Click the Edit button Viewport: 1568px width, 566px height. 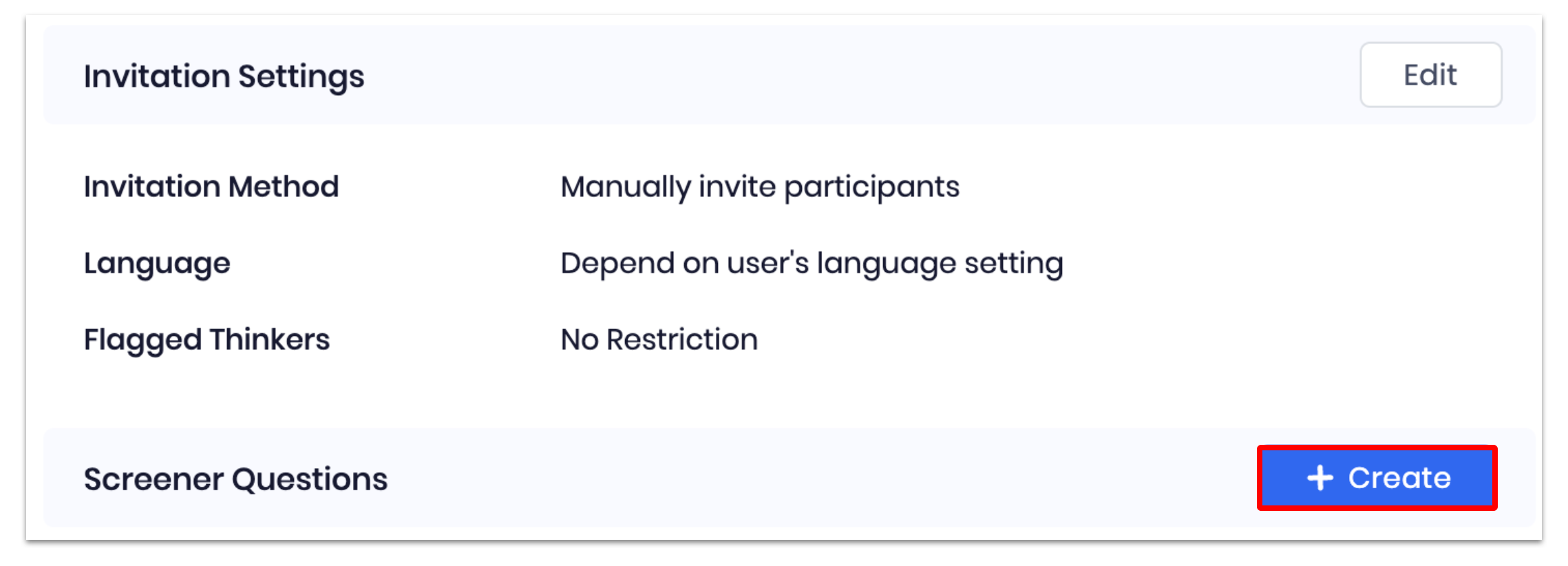coord(1430,74)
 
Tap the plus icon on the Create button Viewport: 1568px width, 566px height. coord(1320,478)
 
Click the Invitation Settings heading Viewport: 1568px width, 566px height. coord(224,76)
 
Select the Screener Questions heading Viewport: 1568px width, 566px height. coord(235,479)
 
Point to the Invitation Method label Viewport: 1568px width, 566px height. coord(211,187)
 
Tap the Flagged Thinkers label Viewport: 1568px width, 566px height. coord(206,340)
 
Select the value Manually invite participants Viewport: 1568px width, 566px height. coord(760,187)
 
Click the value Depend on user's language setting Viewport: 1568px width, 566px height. coord(812,264)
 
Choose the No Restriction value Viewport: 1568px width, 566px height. coord(659,339)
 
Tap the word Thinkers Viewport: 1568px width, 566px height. coord(270,339)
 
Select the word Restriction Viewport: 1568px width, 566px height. coord(682,339)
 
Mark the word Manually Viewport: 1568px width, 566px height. coord(626,187)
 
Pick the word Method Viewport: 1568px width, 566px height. coord(284,187)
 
